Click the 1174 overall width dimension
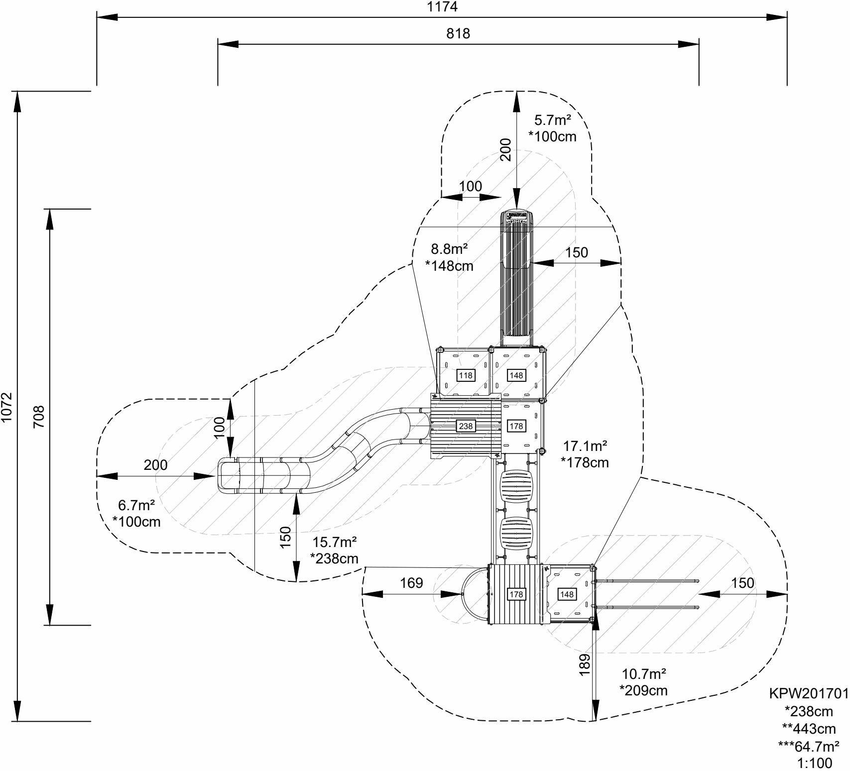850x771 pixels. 442,7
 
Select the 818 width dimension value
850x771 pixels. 458,33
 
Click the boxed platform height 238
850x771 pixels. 466,426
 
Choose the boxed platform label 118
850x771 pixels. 466,375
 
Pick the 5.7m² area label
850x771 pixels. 552,120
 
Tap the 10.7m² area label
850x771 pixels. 644,674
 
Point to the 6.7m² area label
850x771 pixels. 136,505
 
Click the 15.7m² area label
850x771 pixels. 334,542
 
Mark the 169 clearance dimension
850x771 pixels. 411,582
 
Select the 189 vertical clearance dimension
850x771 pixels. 585,664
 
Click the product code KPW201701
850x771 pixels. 808,694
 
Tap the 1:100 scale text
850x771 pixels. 814,763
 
